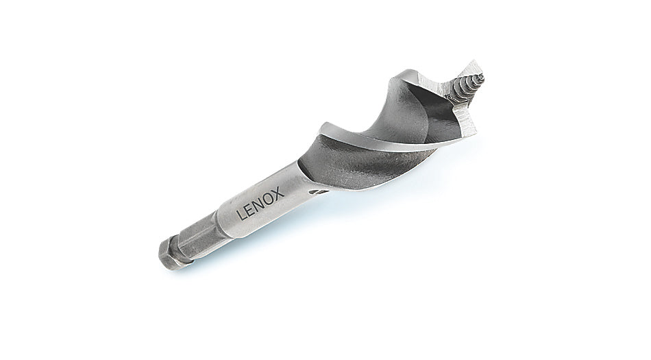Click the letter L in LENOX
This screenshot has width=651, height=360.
241,215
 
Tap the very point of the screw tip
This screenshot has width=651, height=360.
483,75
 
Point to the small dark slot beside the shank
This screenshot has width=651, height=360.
321,192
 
